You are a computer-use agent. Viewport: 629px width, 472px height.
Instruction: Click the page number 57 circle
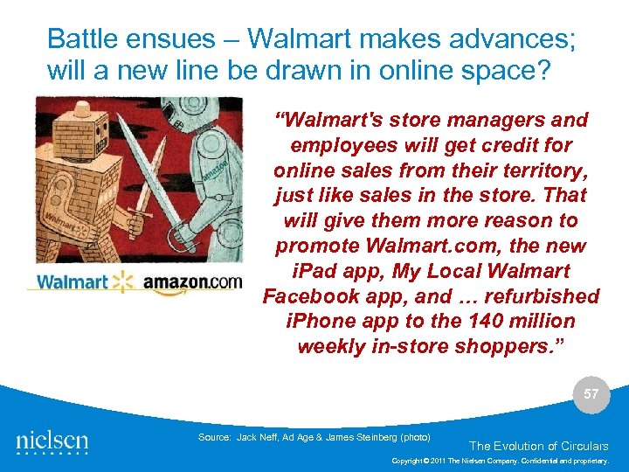[x=591, y=394]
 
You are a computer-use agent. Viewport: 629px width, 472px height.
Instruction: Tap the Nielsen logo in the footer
[x=52, y=441]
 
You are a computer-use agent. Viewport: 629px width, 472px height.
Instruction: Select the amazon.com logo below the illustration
[x=191, y=283]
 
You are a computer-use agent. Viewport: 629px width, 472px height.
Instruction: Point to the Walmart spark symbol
[x=122, y=281]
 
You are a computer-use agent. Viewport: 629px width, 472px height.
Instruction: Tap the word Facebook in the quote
[x=308, y=295]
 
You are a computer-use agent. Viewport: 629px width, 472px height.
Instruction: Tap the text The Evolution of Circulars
[x=538, y=446]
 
